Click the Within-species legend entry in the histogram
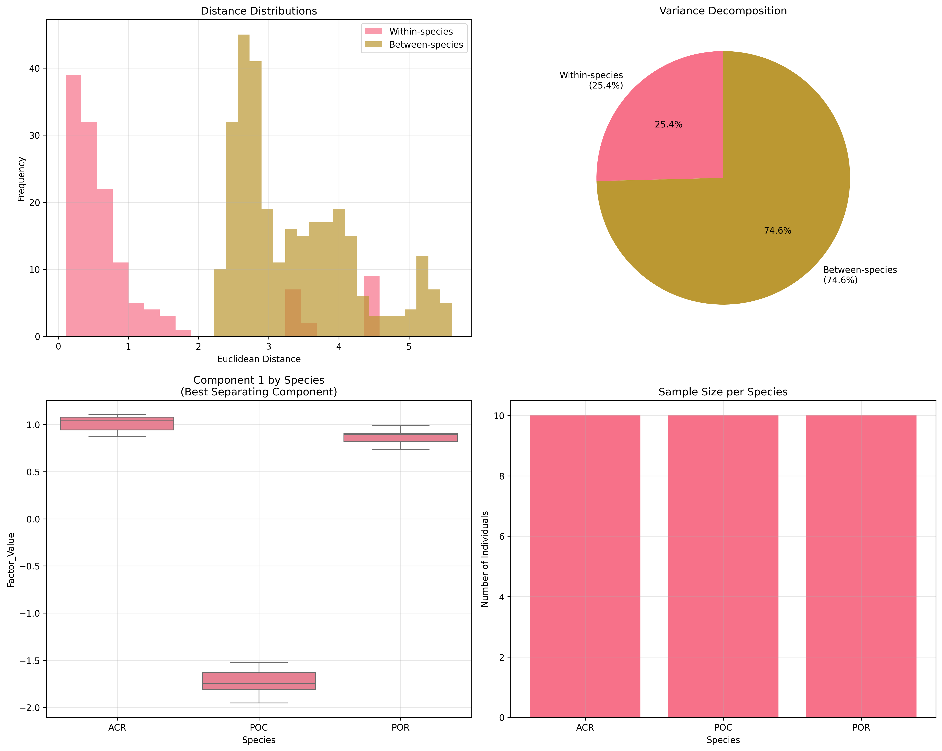pos(420,31)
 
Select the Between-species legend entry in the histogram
pos(425,45)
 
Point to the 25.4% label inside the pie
pos(668,124)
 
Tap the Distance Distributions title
pos(259,11)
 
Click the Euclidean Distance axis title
pos(259,359)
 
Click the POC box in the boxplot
pos(259,681)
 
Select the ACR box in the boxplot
pos(117,423)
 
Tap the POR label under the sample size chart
pos(861,727)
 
